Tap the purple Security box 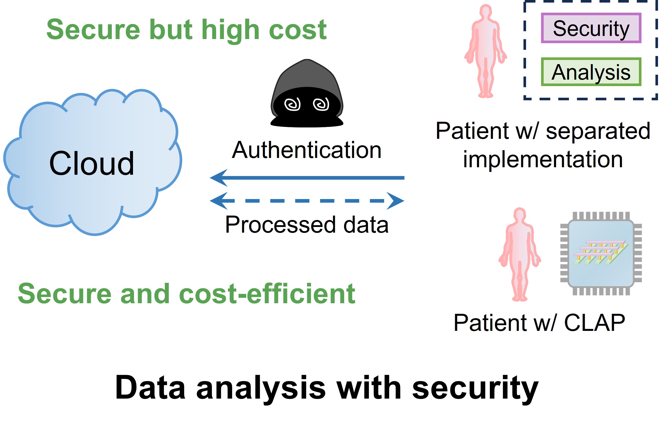click(x=591, y=28)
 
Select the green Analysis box click(x=591, y=72)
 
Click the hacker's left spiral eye click(x=292, y=104)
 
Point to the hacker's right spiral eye click(x=321, y=104)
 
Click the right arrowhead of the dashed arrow click(x=396, y=201)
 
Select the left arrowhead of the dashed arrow click(x=218, y=201)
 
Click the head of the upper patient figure click(x=486, y=12)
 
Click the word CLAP click(x=594, y=323)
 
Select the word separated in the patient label click(x=598, y=131)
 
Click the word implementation click(x=543, y=159)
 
